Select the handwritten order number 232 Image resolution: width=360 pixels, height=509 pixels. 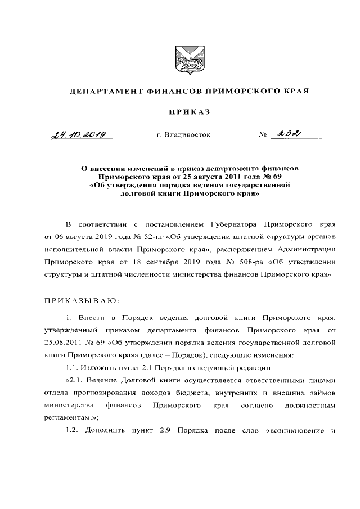tap(286, 134)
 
